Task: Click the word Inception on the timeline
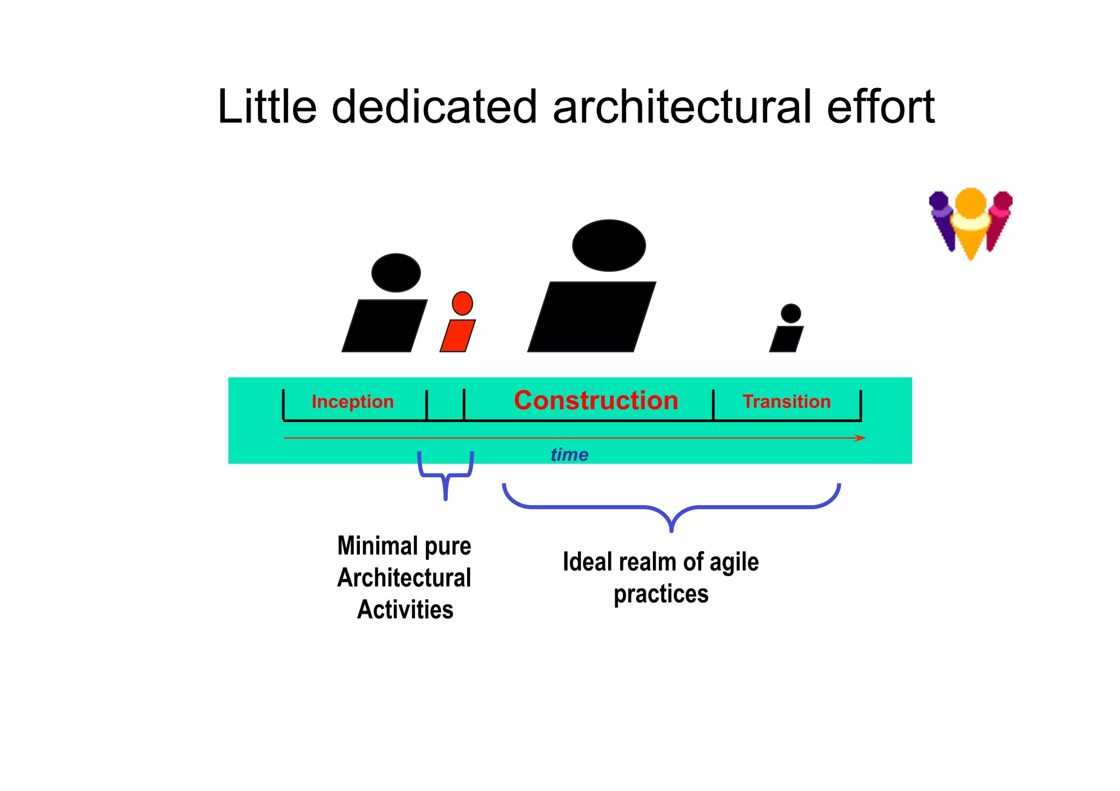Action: pyautogui.click(x=352, y=402)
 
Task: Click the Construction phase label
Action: pyautogui.click(x=596, y=401)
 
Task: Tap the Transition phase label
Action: pyautogui.click(x=786, y=402)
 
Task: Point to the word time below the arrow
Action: pyautogui.click(x=569, y=455)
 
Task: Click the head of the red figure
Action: pyautogui.click(x=462, y=303)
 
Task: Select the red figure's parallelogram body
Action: pyautogui.click(x=458, y=336)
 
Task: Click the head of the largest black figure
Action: pyautogui.click(x=609, y=245)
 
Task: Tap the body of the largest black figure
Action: pyautogui.click(x=592, y=317)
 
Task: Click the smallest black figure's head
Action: pyautogui.click(x=791, y=314)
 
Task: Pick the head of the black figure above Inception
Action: pyautogui.click(x=396, y=273)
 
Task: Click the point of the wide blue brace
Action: pyautogui.click(x=672, y=528)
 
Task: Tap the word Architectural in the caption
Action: pyautogui.click(x=404, y=578)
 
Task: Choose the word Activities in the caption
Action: pyautogui.click(x=405, y=610)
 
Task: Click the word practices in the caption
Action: pyautogui.click(x=661, y=594)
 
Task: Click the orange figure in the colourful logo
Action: pyautogui.click(x=971, y=224)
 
